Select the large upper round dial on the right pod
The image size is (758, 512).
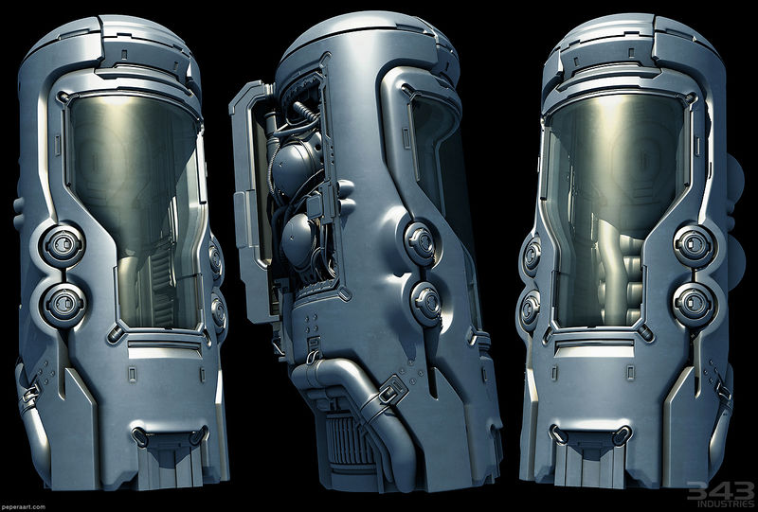click(x=695, y=245)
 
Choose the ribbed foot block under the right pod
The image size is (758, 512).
click(x=588, y=464)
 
